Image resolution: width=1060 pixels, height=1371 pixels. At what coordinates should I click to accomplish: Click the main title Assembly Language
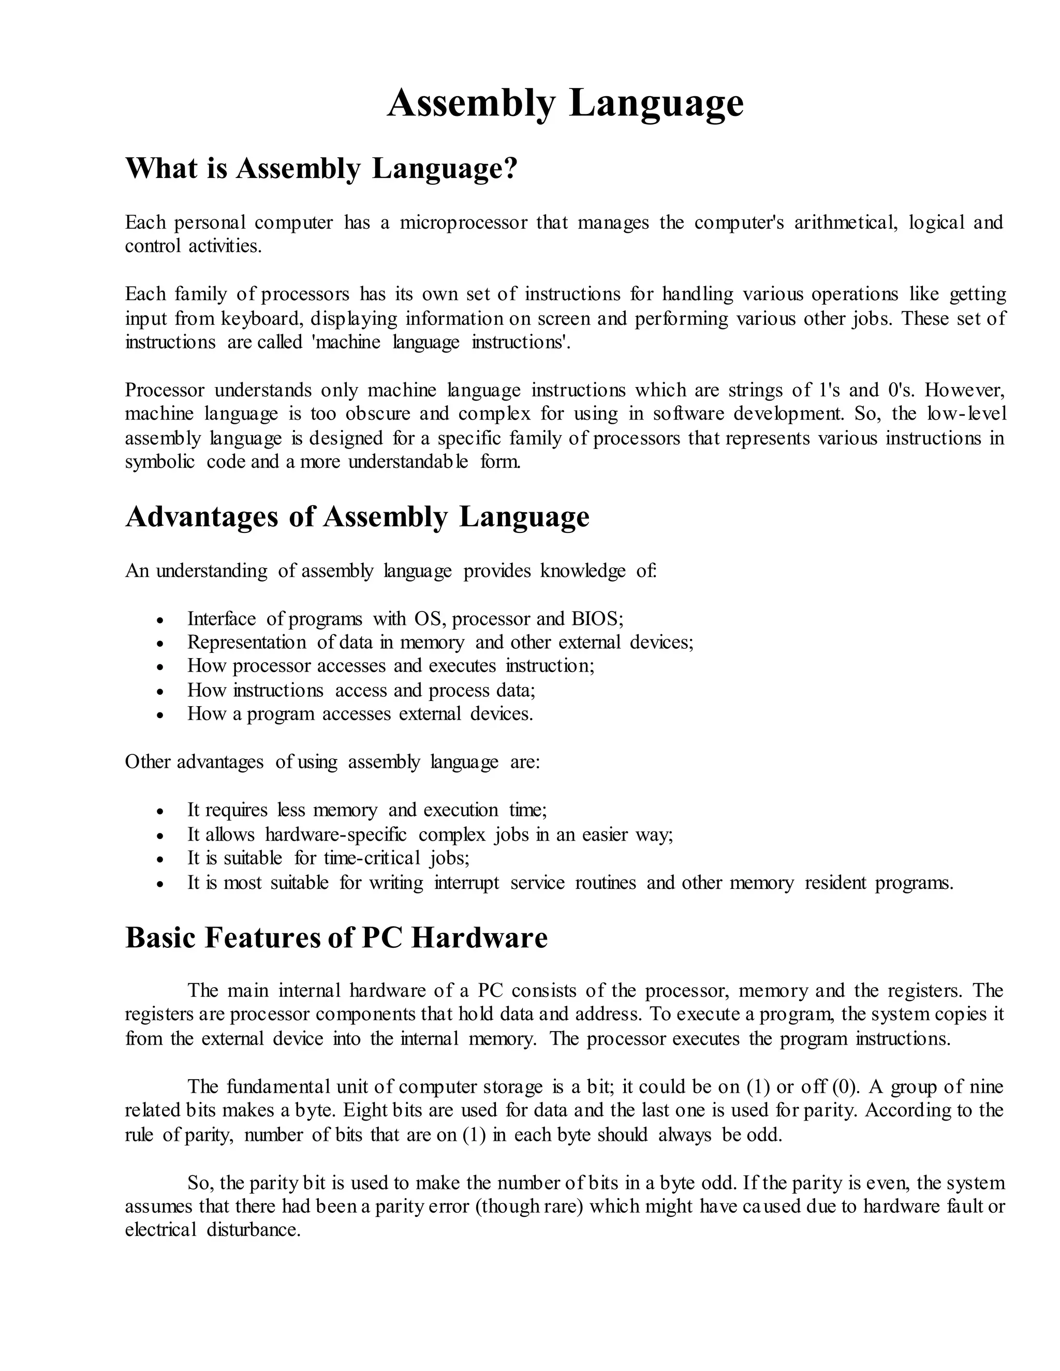565,103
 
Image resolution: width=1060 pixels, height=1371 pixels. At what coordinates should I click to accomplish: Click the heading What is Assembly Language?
321,168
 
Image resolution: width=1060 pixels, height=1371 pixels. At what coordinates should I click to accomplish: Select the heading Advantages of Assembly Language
357,517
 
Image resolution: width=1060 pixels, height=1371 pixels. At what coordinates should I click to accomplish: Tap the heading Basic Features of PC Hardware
336,938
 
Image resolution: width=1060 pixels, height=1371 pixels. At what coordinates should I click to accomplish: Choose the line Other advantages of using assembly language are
332,762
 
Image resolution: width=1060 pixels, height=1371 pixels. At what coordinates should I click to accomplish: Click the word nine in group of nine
987,1086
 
